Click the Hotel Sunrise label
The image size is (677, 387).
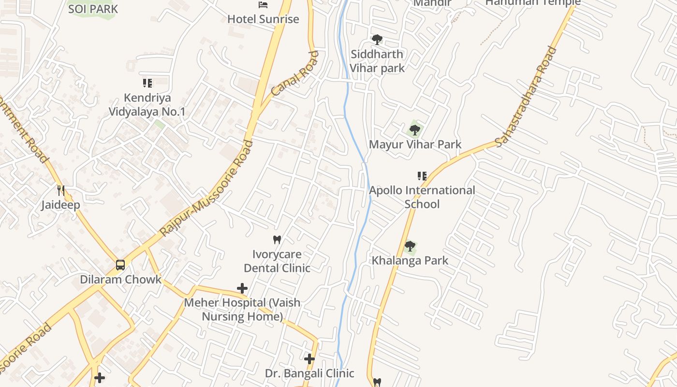[x=263, y=19]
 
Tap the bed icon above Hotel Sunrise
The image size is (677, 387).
[x=263, y=5]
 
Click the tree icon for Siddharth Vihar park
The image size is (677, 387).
[x=377, y=40]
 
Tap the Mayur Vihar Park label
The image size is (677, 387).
[x=415, y=144]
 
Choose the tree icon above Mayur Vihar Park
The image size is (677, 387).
[x=414, y=130]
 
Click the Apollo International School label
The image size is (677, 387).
[x=422, y=197]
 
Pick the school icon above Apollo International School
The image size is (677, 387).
[x=422, y=176]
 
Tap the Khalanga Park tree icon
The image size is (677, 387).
[x=410, y=247]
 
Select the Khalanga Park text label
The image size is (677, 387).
[x=410, y=261]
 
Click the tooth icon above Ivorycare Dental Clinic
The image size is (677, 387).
[x=277, y=239]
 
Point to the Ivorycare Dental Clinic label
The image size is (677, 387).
[x=277, y=261]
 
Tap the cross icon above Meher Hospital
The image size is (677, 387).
[x=242, y=289]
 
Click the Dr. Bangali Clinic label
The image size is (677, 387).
[x=309, y=373]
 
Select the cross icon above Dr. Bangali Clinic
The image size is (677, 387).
[x=309, y=359]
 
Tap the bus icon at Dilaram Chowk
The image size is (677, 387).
[x=120, y=265]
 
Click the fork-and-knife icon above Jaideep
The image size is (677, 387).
[x=61, y=191]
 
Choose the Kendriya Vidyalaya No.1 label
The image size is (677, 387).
[x=147, y=105]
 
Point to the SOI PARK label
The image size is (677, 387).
[x=93, y=9]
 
